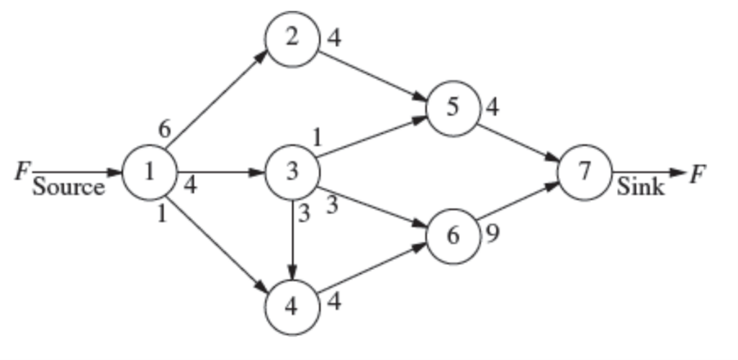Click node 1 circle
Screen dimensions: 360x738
tap(149, 172)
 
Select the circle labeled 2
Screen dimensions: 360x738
tap(292, 38)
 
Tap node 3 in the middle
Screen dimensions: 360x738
tap(292, 172)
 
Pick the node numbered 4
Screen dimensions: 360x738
tap(292, 306)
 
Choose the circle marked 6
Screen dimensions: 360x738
tap(453, 236)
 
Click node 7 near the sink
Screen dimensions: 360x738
tap(584, 172)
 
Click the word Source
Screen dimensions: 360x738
tap(68, 188)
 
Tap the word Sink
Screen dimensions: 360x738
tap(641, 188)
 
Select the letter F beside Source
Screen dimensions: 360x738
tap(22, 172)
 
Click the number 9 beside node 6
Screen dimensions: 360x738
tap(492, 235)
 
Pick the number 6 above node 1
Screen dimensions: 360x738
tap(165, 130)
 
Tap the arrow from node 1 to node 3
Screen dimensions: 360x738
tap(220, 172)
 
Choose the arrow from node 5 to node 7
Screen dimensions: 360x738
tap(518, 140)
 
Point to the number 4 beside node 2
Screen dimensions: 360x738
tap(333, 37)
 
